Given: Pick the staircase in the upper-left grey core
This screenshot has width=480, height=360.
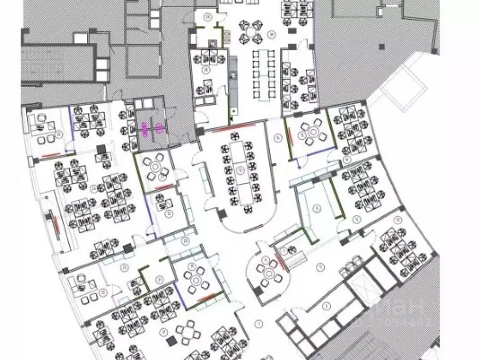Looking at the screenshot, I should tap(43, 65).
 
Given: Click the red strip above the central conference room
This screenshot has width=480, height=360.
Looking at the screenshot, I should tap(233, 128).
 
